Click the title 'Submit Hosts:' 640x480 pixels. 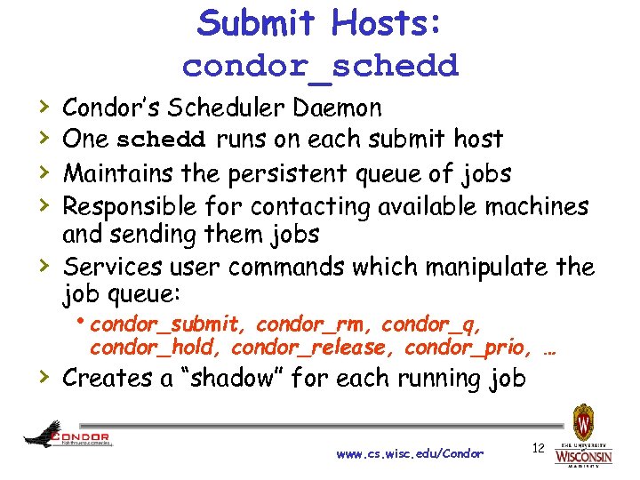pyautogui.click(x=319, y=24)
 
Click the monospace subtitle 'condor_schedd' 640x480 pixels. pyautogui.click(x=320, y=66)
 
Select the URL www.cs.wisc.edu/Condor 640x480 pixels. pyautogui.click(x=410, y=453)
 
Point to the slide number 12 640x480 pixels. pyautogui.click(x=538, y=447)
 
